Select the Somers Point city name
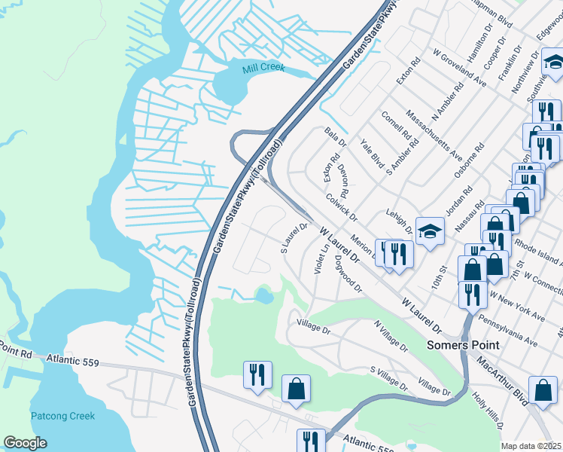pyautogui.click(x=463, y=345)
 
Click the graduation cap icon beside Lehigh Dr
pyautogui.click(x=430, y=231)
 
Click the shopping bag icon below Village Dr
pyautogui.click(x=297, y=389)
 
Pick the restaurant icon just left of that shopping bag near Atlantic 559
pyautogui.click(x=257, y=375)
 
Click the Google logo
pyautogui.click(x=25, y=442)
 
